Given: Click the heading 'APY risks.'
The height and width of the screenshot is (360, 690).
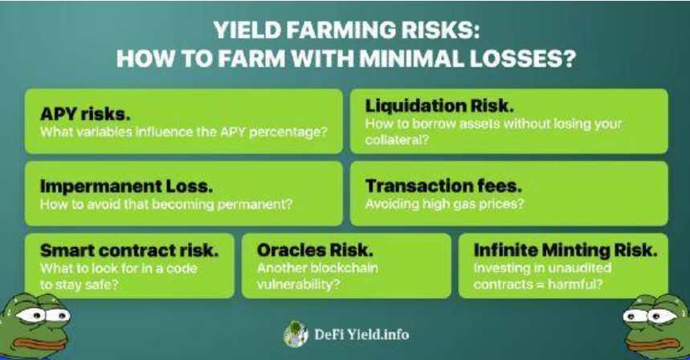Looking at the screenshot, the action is (85, 114).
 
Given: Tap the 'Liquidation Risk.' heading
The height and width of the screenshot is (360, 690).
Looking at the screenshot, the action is (439, 106).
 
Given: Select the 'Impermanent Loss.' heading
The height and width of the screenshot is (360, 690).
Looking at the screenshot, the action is (126, 186).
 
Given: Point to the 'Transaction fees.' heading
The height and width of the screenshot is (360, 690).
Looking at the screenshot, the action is (443, 186).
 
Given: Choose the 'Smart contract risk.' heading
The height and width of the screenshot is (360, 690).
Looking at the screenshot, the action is (129, 251).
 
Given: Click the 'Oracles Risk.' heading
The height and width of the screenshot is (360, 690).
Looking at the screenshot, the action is (315, 251).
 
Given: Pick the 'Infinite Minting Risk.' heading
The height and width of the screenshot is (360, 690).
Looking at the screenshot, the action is (565, 250).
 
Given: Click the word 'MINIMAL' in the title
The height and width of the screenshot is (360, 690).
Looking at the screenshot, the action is (412, 58).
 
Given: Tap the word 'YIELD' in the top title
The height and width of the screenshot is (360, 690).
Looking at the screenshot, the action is (247, 31).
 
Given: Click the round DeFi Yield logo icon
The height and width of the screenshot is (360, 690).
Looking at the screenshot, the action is (296, 334).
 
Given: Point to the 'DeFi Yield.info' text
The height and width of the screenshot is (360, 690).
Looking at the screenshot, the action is (361, 335).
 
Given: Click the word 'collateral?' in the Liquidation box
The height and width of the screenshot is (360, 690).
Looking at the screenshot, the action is (397, 140).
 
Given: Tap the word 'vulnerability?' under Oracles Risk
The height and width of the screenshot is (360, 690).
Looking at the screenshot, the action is (298, 284).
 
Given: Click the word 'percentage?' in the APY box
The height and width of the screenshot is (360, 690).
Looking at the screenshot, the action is (288, 133).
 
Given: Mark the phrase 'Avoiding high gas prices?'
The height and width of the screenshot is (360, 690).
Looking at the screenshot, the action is (444, 204).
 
